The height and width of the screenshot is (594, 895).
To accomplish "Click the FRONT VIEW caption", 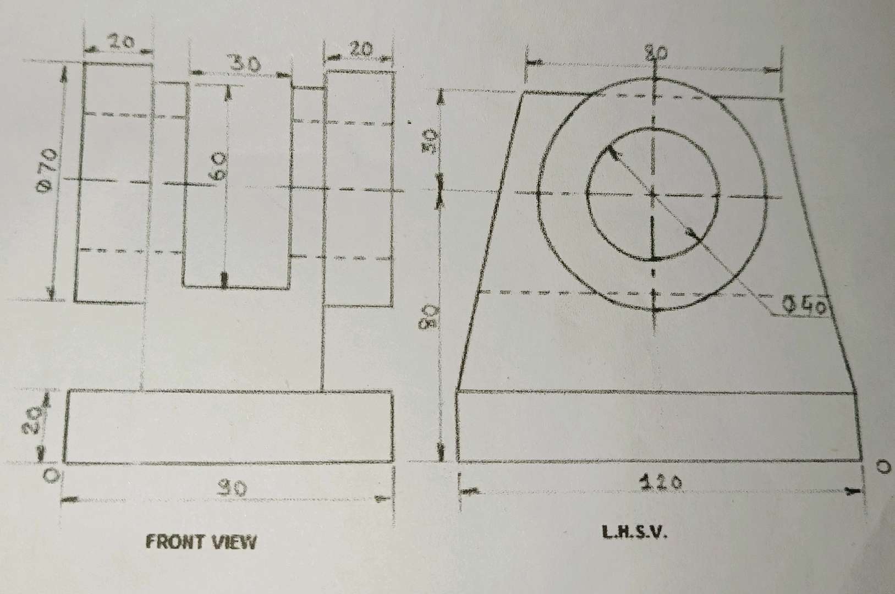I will click(x=201, y=542).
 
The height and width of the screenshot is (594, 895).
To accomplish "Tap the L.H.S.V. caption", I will click(x=635, y=532).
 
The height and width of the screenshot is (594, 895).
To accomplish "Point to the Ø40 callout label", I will click(x=804, y=306).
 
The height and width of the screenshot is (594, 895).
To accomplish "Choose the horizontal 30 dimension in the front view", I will click(x=244, y=64).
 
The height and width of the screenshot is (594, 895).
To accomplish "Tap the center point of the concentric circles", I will click(x=653, y=194).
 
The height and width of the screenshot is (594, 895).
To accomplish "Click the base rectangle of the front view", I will click(x=228, y=426).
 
